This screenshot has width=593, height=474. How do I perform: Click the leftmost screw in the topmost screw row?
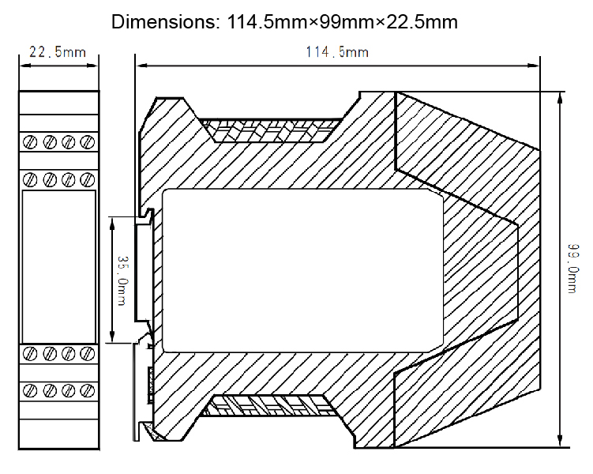coord(30,142)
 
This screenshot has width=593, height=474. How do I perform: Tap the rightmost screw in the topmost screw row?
coord(87,142)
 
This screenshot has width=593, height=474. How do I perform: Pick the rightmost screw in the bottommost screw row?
coord(87,389)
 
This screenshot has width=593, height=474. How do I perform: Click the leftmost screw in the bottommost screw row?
coord(30,389)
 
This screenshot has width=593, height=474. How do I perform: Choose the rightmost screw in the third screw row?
coord(87,353)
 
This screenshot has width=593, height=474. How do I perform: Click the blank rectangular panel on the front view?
coord(58,265)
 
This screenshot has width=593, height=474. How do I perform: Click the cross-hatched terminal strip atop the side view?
coord(273,130)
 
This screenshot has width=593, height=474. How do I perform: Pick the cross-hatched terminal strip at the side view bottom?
coord(273,407)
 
